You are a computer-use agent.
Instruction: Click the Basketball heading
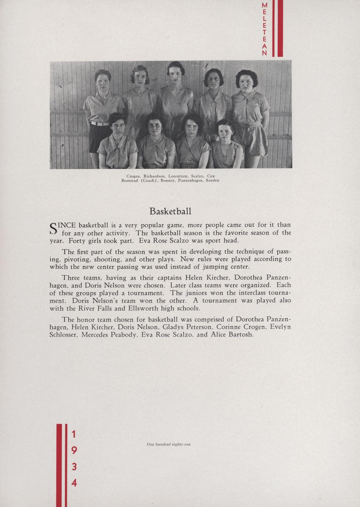pyautogui.click(x=170, y=212)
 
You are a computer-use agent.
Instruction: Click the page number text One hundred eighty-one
pyautogui.click(x=169, y=444)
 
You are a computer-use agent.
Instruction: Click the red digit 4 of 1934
pyautogui.click(x=74, y=482)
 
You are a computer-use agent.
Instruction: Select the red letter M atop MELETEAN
pyautogui.click(x=264, y=6)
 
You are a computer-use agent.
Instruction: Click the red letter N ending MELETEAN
pyautogui.click(x=264, y=53)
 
